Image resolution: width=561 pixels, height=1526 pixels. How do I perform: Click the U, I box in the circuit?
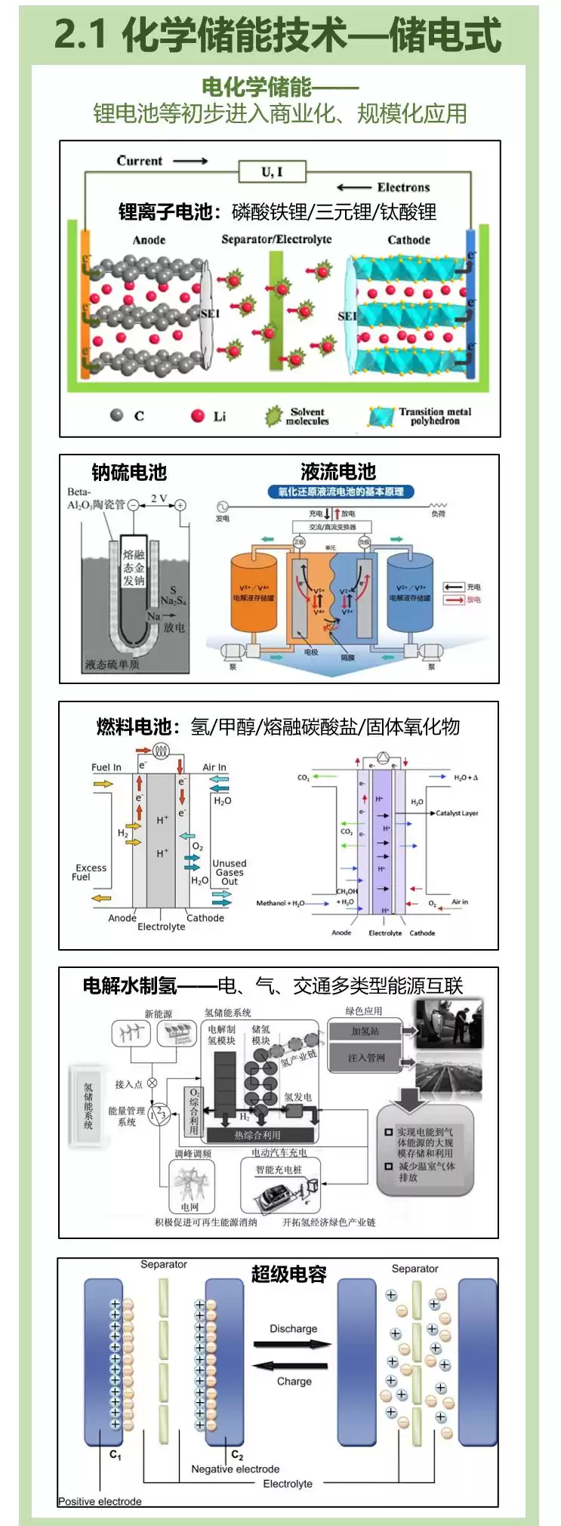click(x=272, y=171)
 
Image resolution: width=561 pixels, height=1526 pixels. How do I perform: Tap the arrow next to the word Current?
click(x=190, y=161)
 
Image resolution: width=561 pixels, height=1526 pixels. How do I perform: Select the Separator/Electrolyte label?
click(x=276, y=239)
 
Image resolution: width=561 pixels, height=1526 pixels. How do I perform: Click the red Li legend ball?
click(x=198, y=415)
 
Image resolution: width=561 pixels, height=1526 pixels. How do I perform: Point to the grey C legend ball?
click(x=116, y=415)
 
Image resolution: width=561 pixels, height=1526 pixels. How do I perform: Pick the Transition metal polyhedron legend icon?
click(x=381, y=416)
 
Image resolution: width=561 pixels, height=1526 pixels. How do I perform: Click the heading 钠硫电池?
click(x=129, y=473)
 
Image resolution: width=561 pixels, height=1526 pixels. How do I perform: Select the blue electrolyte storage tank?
click(x=410, y=593)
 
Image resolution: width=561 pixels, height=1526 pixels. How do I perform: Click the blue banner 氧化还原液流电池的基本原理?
click(x=341, y=492)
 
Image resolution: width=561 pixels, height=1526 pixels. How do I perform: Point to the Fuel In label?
click(x=106, y=767)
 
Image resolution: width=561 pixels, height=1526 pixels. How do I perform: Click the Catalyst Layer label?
click(x=457, y=813)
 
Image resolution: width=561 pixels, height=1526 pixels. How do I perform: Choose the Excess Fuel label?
click(x=91, y=872)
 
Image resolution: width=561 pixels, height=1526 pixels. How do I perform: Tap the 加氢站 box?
click(x=365, y=1031)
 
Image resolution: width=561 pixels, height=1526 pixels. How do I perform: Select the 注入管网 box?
click(x=365, y=1058)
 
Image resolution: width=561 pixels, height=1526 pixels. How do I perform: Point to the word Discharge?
click(x=294, y=1328)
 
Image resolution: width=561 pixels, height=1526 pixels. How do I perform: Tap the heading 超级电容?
click(x=288, y=1274)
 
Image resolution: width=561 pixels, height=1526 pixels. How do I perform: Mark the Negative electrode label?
click(x=236, y=1469)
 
